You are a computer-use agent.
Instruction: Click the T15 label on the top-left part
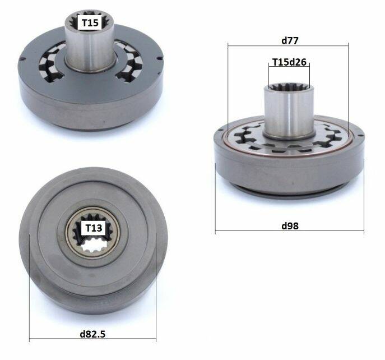pos(90,23)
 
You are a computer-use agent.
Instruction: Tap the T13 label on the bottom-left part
pos(94,228)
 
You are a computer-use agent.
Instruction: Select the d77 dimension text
pos(290,40)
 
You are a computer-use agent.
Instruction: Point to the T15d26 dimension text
pos(290,62)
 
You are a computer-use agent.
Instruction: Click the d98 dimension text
pos(290,225)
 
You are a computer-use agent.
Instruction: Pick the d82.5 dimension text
pos(92,334)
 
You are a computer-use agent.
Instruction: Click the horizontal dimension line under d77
pos(288,46)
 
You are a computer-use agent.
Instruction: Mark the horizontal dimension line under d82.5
pos(92,339)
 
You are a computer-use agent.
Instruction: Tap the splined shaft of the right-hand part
pos(289,110)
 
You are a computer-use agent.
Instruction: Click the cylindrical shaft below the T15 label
pos(90,49)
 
